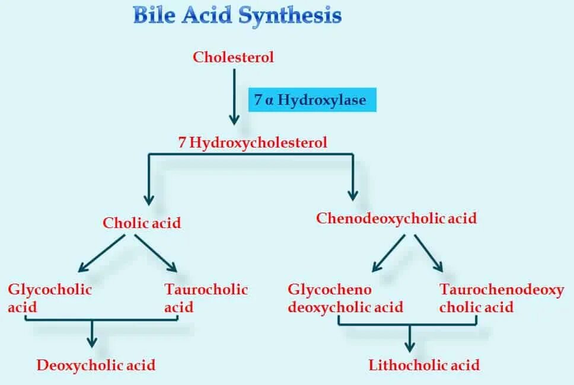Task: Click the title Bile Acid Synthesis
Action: click(237, 15)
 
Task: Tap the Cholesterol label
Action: click(233, 57)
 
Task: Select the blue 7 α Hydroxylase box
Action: click(311, 100)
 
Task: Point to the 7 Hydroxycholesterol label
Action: click(253, 143)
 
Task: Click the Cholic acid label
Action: click(142, 223)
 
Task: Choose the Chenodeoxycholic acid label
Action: click(396, 219)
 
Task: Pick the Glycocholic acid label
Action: click(50, 299)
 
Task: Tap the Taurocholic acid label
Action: click(206, 299)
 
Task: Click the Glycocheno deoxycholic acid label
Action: click(345, 299)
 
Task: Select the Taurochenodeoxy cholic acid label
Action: click(502, 299)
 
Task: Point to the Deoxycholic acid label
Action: click(96, 365)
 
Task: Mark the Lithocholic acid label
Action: click(424, 365)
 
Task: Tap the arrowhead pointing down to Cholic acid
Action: click(148, 198)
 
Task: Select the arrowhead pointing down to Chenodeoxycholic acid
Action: click(353, 194)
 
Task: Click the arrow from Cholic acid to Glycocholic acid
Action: click(103, 253)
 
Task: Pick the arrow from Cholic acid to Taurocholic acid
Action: click(156, 253)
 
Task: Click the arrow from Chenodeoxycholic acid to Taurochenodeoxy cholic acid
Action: click(428, 253)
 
